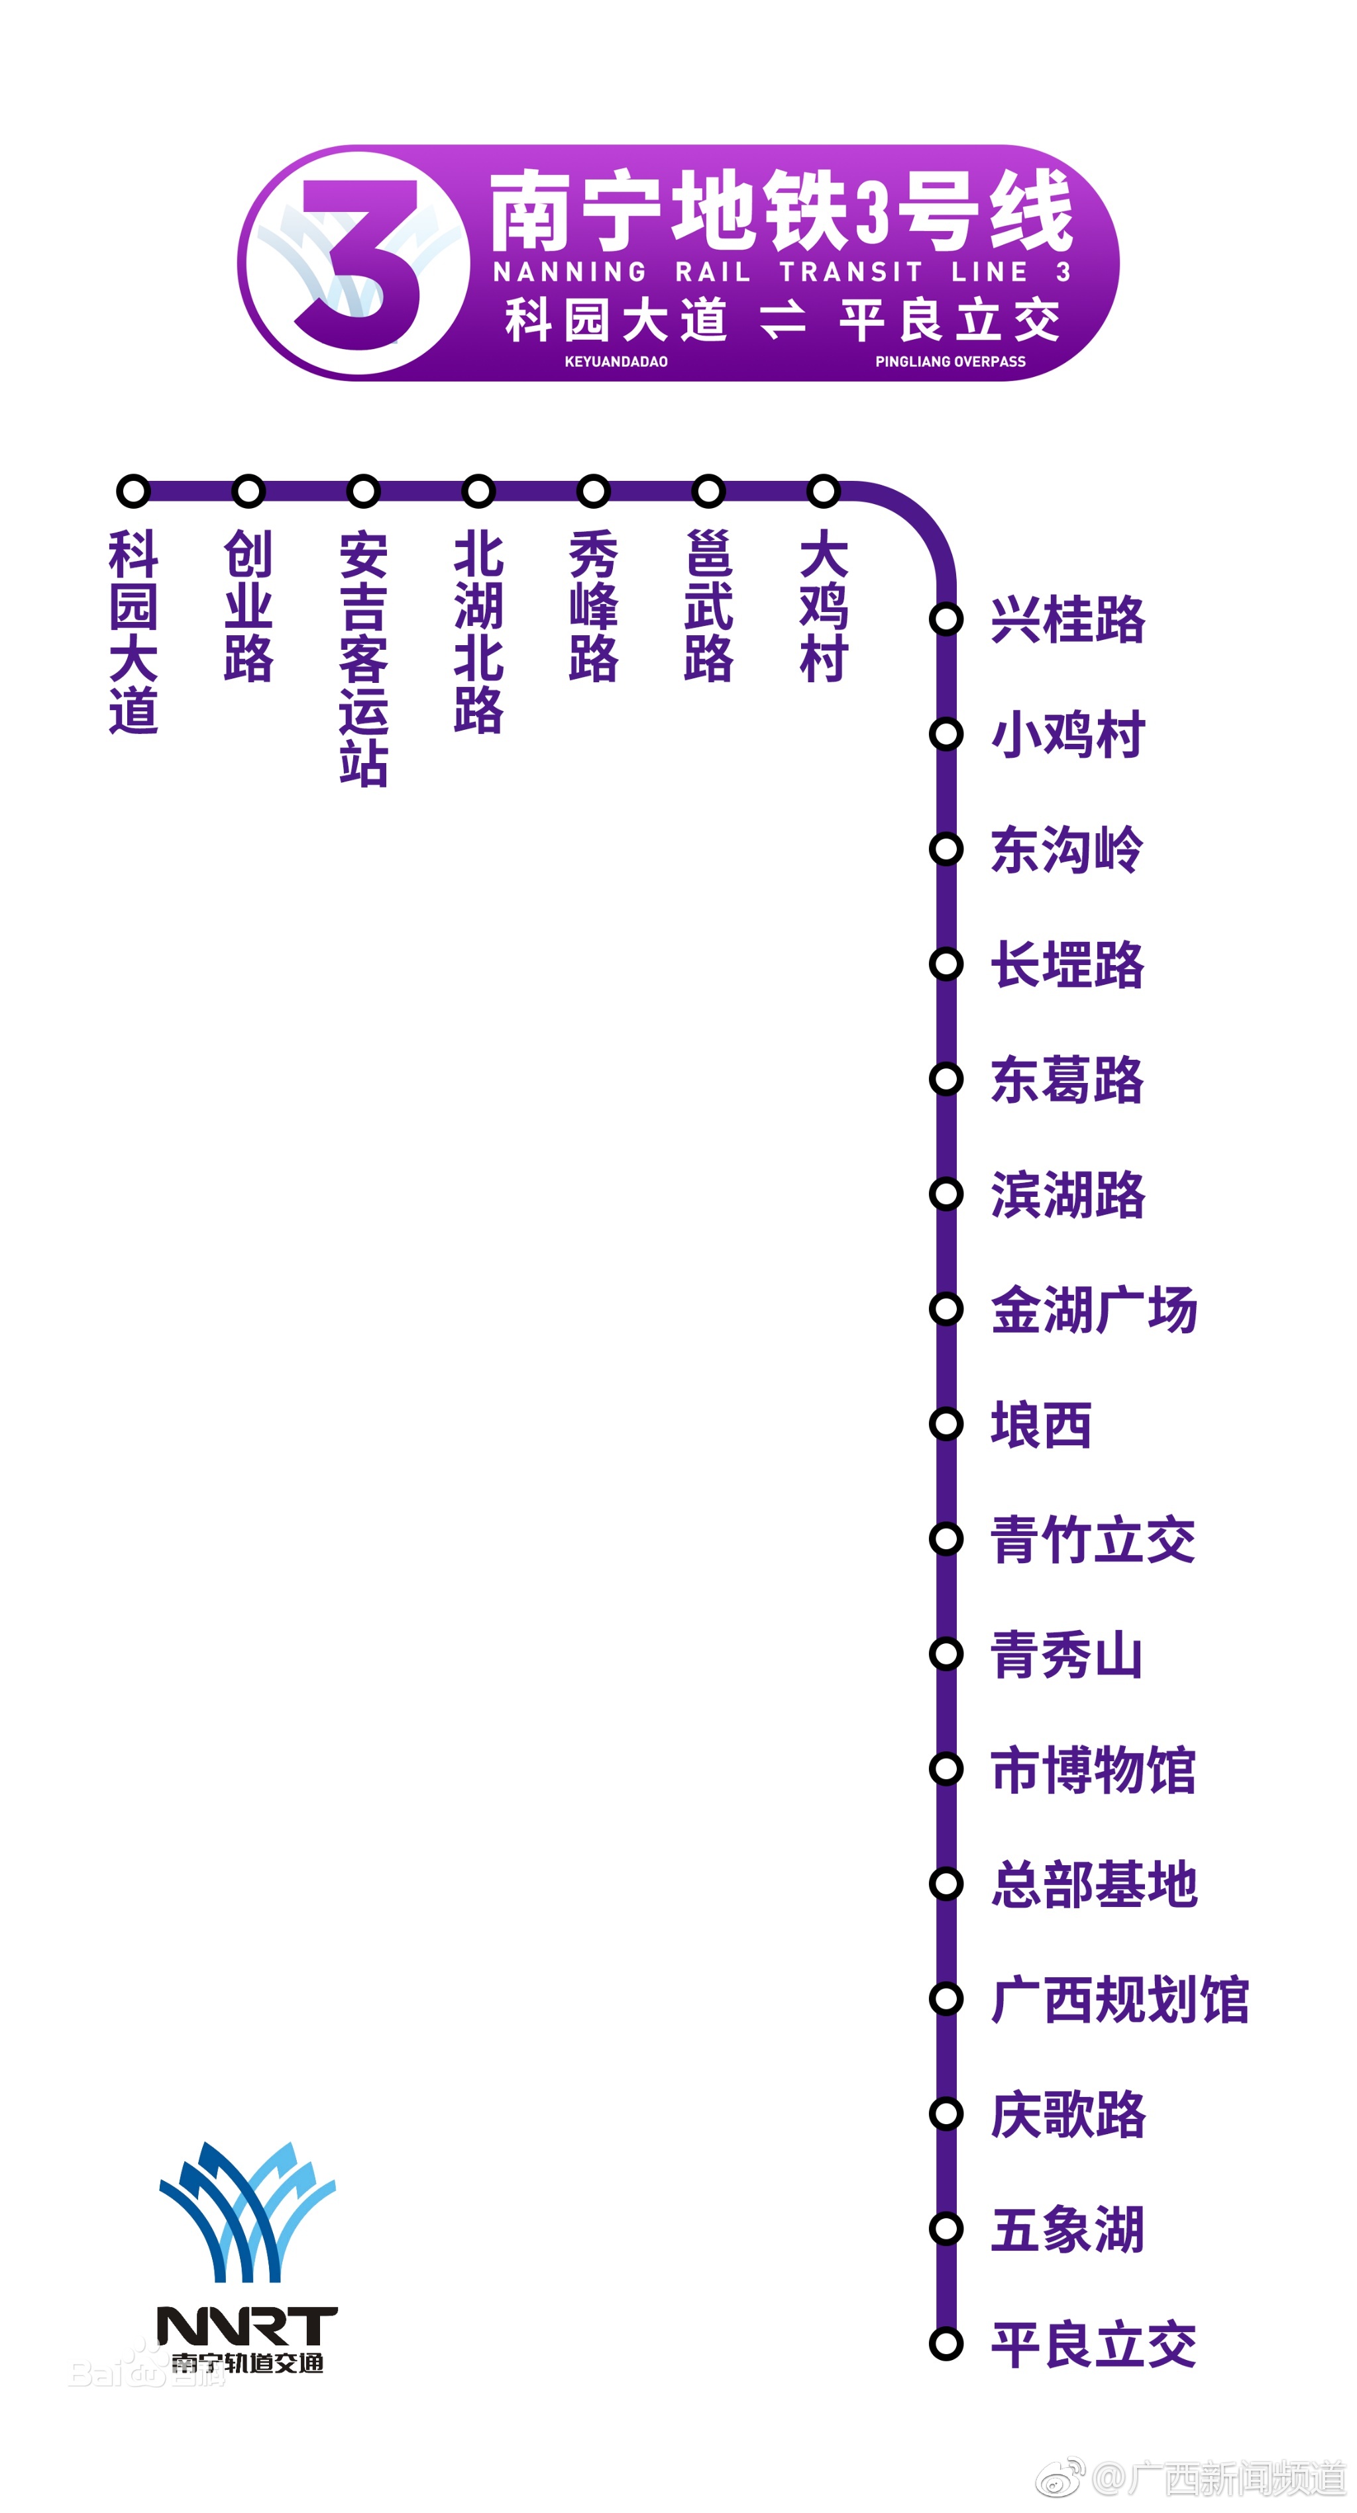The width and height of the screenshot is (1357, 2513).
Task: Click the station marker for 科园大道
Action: click(134, 491)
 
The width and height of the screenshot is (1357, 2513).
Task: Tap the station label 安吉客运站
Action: click(364, 658)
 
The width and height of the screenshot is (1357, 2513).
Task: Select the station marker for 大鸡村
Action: click(824, 491)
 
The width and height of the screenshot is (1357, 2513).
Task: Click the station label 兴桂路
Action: click(1067, 619)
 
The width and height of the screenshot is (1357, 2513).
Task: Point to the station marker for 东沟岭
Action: click(946, 848)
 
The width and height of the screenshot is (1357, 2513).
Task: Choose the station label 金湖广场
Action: click(1093, 1309)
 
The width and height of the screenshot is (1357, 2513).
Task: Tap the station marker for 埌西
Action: click(946, 1424)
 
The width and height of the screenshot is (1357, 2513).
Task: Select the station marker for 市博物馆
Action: click(946, 1769)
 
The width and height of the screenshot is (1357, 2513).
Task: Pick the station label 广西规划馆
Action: click(1120, 1999)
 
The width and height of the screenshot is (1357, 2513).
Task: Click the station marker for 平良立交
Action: click(946, 2343)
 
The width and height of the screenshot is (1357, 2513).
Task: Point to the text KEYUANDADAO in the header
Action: click(616, 361)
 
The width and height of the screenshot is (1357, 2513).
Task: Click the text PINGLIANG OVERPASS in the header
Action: click(950, 361)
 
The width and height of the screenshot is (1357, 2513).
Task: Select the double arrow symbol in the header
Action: click(783, 319)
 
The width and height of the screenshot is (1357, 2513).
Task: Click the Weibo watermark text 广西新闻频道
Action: click(1234, 2478)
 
